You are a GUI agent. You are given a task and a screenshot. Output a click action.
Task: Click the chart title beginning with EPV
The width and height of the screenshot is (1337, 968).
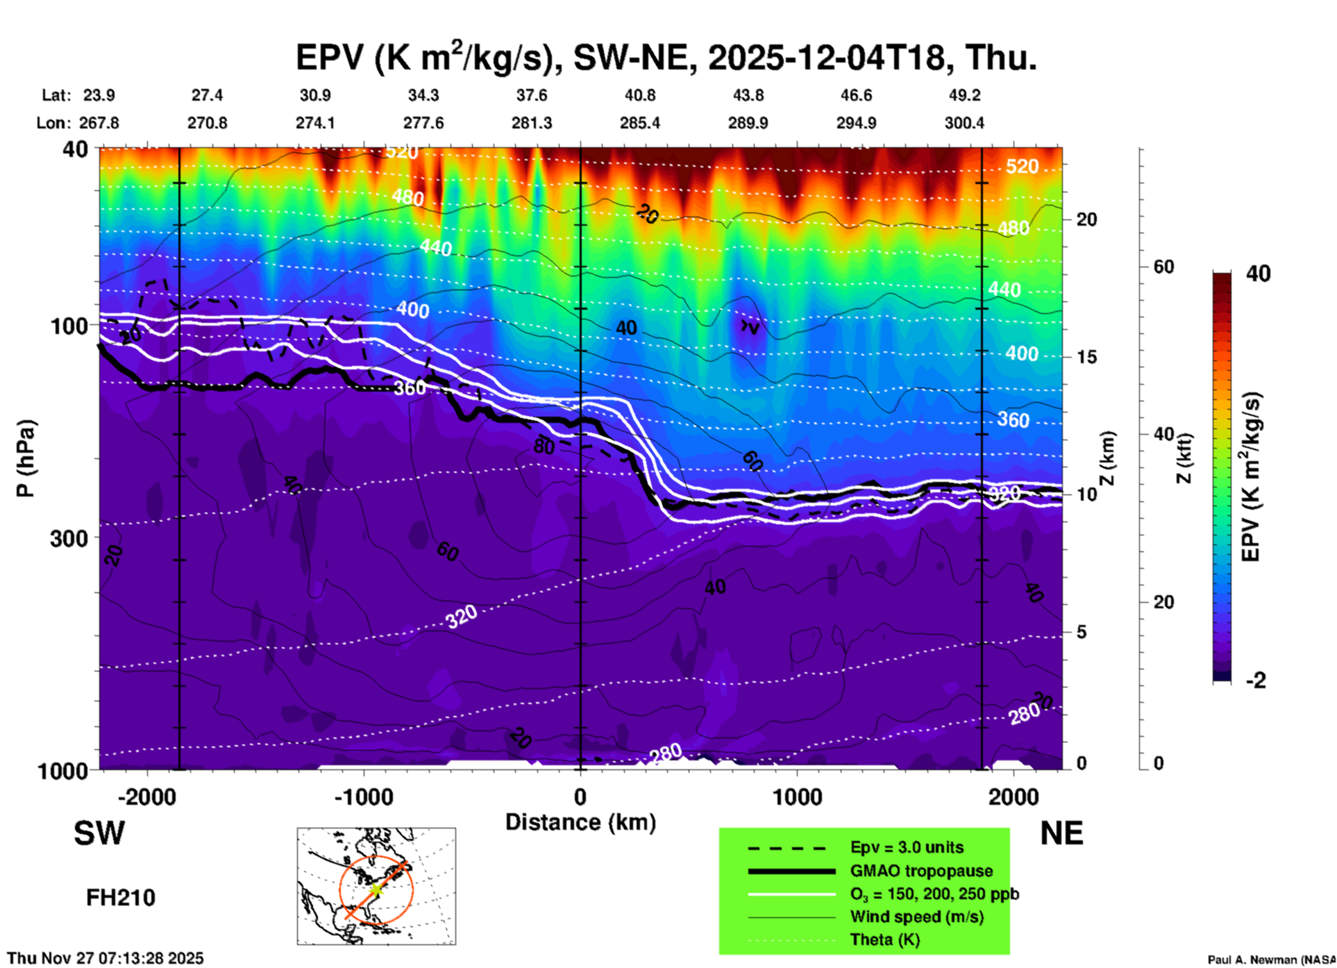point(666,57)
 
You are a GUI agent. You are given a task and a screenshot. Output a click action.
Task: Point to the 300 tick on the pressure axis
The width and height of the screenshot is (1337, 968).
point(69,538)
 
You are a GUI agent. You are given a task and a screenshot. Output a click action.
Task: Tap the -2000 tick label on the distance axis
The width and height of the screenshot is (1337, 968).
point(147,797)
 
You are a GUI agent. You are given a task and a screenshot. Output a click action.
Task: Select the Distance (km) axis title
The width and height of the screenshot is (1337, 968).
point(580,822)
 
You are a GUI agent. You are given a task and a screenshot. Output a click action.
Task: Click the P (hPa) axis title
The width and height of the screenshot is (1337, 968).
point(26,458)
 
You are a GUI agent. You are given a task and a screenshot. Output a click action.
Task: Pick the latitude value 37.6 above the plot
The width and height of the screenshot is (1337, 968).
point(532,95)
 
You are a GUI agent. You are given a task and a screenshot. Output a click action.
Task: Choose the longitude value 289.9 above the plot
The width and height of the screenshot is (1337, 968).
point(748,123)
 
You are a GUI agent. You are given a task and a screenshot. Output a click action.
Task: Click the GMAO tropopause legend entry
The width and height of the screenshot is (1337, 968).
point(921,871)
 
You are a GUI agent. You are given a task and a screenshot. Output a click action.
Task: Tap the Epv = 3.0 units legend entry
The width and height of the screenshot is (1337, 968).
point(907,848)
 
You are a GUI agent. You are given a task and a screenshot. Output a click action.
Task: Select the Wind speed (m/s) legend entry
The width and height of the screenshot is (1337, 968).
point(916,917)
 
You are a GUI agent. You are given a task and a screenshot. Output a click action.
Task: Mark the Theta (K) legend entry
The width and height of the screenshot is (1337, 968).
point(885,940)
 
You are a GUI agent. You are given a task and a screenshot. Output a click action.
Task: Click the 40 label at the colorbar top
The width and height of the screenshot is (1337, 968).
point(1258,274)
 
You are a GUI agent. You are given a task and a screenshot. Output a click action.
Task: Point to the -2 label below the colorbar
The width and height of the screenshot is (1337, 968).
point(1256,681)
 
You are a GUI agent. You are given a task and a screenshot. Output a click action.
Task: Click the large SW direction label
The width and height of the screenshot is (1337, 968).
point(99,833)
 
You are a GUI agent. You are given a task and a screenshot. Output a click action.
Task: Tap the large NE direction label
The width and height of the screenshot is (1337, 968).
point(1061,833)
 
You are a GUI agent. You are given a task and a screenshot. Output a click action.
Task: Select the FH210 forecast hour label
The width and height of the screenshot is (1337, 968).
point(121,898)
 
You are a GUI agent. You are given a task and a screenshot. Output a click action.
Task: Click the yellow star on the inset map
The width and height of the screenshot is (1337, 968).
point(376,890)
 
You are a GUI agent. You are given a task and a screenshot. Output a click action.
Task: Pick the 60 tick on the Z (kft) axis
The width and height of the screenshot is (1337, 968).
point(1163,267)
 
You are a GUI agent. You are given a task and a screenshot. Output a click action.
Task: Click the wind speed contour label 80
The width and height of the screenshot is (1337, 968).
point(544,447)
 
